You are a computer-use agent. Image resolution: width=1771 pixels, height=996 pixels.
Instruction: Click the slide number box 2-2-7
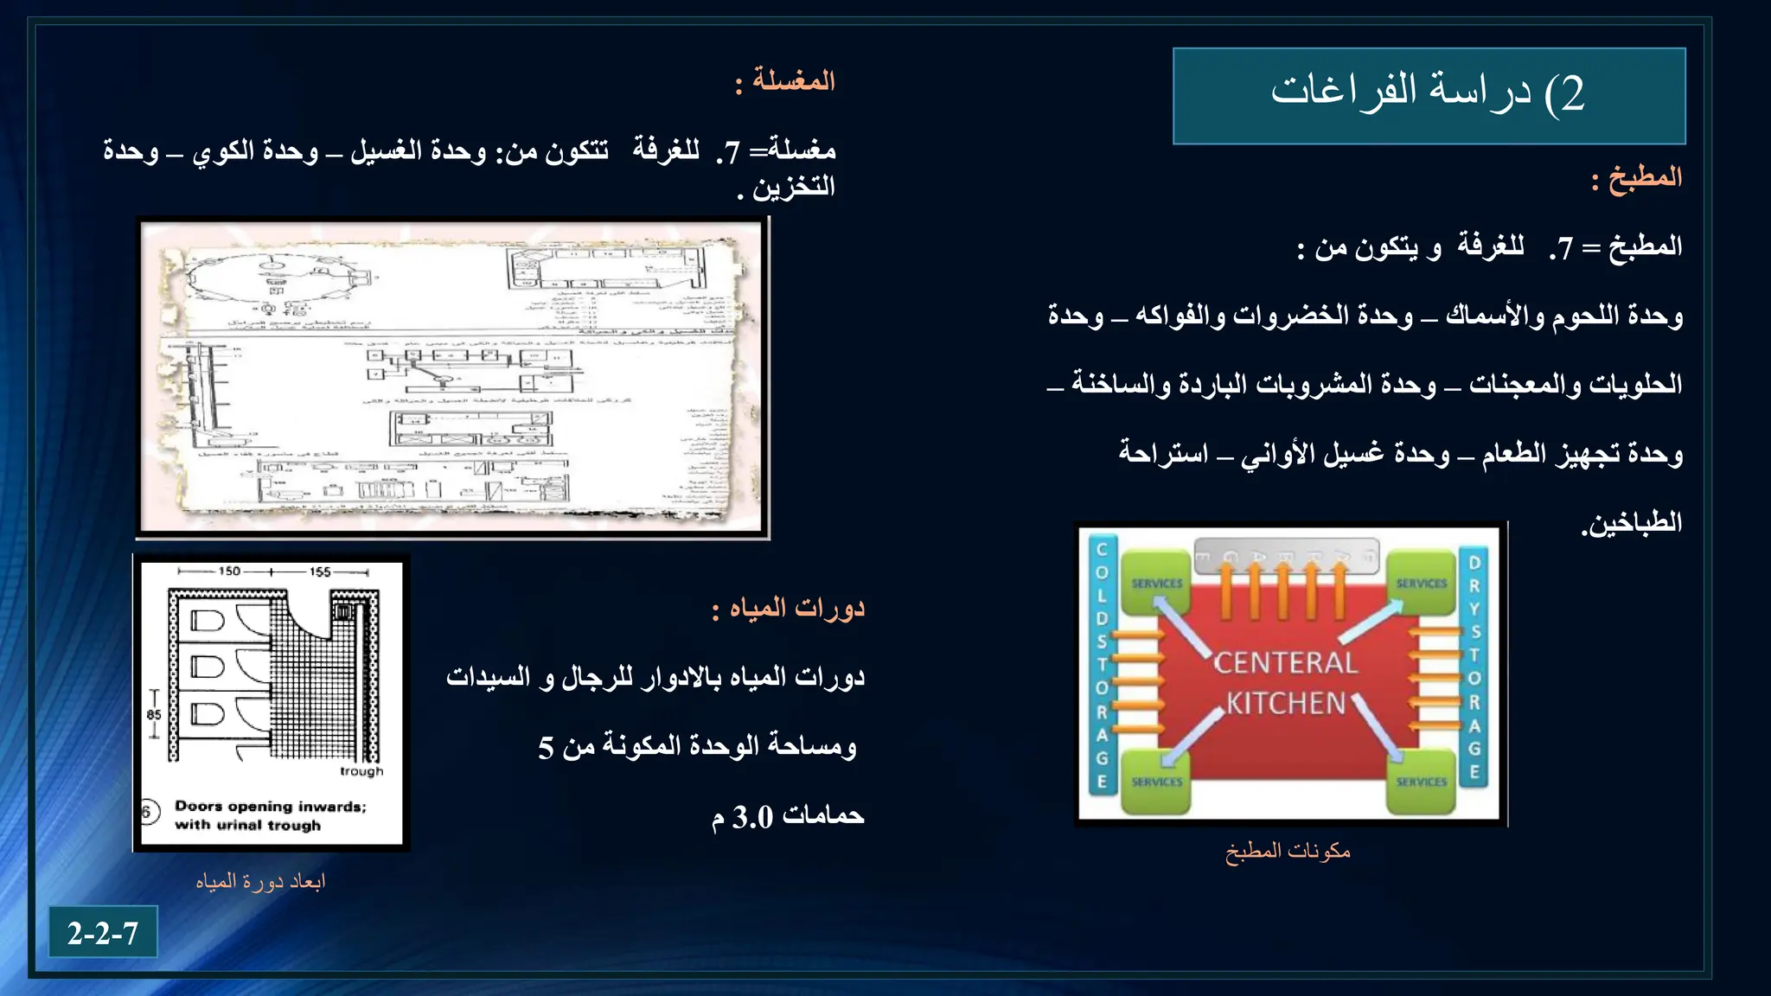click(x=103, y=932)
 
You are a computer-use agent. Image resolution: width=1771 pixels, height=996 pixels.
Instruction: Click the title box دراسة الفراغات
click(x=1429, y=95)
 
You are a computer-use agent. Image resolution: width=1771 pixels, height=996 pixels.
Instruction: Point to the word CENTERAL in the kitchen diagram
click(x=1285, y=663)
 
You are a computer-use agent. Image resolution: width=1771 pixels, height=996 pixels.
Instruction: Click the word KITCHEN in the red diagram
click(x=1286, y=703)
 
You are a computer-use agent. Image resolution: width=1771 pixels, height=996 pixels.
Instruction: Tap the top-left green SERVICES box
click(x=1156, y=584)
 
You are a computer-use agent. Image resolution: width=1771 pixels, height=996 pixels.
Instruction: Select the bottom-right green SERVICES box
click(x=1420, y=782)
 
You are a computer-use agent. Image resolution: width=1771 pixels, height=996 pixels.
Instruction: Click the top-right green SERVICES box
click(x=1420, y=584)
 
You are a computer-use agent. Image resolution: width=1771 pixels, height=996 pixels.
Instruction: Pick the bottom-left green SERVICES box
click(x=1156, y=782)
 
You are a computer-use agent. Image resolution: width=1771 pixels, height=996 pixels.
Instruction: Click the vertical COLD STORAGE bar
click(x=1102, y=666)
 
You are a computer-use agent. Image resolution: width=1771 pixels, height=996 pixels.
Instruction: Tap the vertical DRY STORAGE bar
click(x=1474, y=666)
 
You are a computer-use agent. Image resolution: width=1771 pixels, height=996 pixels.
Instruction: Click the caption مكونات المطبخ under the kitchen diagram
click(x=1287, y=851)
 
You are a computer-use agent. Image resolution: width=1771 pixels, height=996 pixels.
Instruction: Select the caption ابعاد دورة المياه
click(x=259, y=881)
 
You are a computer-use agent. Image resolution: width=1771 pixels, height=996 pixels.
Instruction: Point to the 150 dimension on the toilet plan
click(x=229, y=571)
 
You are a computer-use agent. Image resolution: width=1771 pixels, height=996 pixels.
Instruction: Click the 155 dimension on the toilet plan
click(x=320, y=571)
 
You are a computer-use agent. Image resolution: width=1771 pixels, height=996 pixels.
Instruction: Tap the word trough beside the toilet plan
click(x=361, y=771)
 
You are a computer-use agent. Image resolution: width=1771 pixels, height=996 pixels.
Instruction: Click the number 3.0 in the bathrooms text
click(x=752, y=816)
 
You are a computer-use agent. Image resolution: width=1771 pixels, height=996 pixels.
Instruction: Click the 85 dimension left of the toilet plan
click(x=154, y=715)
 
